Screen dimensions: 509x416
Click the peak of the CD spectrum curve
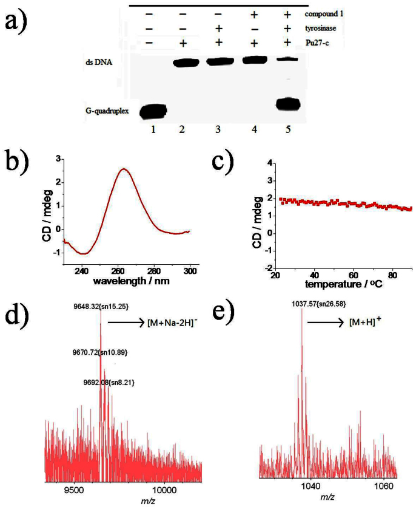pos(123,169)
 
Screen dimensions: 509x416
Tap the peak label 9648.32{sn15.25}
pos(96,307)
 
